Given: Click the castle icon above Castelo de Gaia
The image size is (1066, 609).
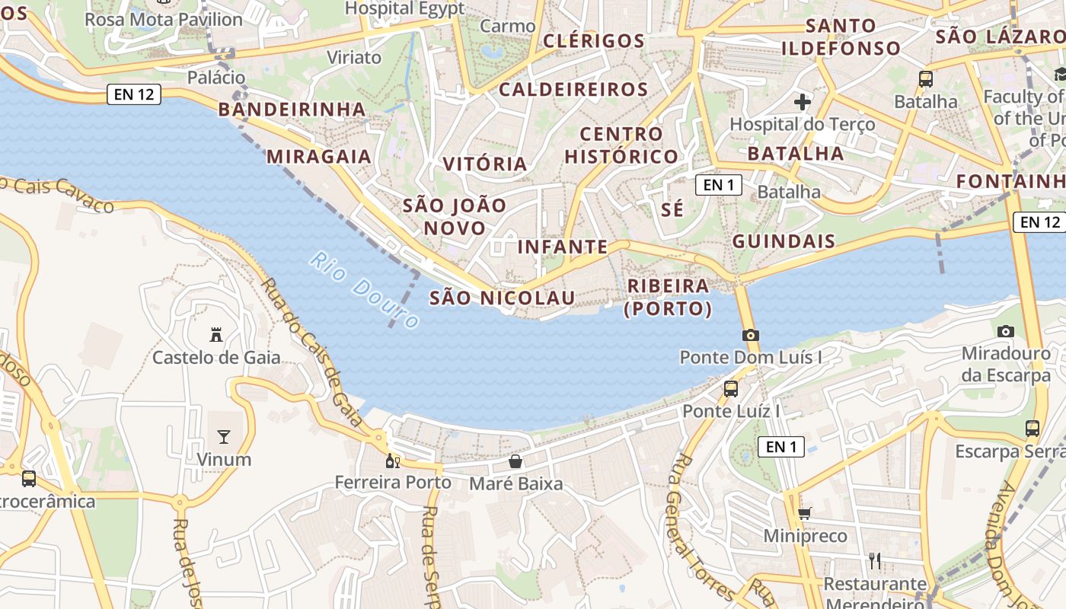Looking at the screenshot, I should coord(216,334).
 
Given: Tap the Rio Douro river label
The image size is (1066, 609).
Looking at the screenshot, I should coord(365,290).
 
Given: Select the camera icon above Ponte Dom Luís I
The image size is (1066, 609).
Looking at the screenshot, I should coord(750,335).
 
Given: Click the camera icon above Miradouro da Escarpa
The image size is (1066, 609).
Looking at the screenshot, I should coord(1006,331).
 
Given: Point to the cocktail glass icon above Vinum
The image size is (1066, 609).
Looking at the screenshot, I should coord(224,436).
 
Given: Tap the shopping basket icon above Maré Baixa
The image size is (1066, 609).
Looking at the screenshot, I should coord(515,461).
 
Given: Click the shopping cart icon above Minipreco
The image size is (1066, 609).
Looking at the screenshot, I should coord(805,513).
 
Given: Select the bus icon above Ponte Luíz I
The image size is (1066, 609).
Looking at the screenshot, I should coord(731,388).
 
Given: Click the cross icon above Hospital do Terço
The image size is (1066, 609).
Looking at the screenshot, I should coord(803,101).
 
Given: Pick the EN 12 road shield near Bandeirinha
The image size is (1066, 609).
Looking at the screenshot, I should coord(134,94).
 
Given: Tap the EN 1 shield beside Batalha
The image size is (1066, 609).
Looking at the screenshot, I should coord(718,184).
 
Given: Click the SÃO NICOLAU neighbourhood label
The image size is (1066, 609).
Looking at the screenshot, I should coord(502,298).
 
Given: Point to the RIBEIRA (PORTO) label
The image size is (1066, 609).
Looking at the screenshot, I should coord(668,297).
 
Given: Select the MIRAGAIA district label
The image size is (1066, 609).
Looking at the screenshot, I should coord(318,157).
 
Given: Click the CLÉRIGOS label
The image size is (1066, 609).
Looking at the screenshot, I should coord(594,41).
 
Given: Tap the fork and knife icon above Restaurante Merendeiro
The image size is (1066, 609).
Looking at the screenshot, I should coord(875,561).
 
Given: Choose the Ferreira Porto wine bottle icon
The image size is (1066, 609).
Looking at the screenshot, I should coord(392,461).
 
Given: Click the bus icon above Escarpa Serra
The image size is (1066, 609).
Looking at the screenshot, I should coord(1032,428).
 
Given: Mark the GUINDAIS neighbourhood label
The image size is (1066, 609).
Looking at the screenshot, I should coord(784,242).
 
